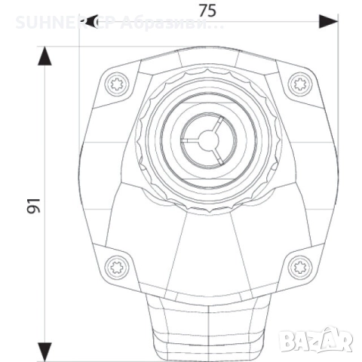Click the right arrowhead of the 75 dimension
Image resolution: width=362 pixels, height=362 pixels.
pos(327,22)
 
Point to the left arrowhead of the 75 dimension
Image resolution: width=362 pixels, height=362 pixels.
pos(87,22)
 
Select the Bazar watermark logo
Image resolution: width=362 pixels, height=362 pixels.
pos(318,341)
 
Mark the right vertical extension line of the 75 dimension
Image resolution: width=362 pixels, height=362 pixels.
pos(336,113)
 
